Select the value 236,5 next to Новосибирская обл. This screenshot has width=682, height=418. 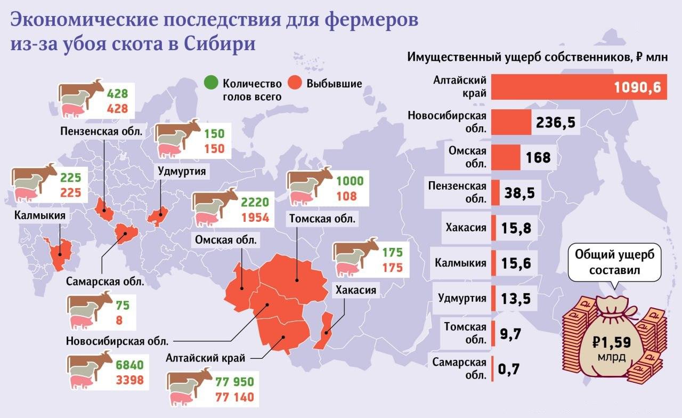[556, 122]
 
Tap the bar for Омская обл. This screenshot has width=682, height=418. [506, 158]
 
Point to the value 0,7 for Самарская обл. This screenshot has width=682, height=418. [508, 368]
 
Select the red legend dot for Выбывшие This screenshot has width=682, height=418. [295, 84]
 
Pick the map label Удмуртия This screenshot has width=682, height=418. [181, 171]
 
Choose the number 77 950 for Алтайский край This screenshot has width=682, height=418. [234, 382]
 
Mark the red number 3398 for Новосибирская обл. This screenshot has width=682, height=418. [129, 381]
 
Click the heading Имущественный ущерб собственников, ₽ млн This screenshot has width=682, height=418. [537, 58]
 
